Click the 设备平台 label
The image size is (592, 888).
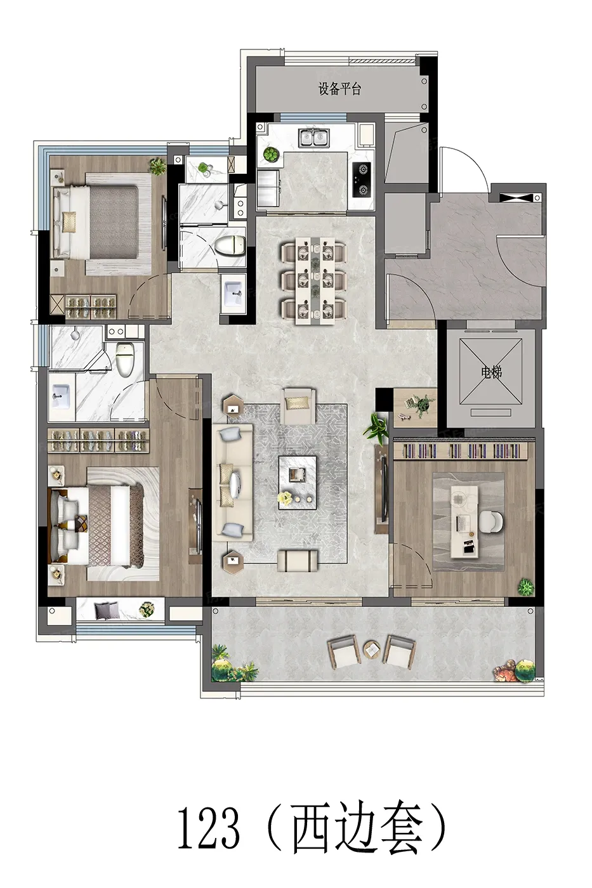(x=339, y=89)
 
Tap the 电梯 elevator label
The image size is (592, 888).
(x=491, y=373)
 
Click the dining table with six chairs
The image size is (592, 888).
(x=313, y=280)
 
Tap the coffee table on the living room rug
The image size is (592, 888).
(x=298, y=483)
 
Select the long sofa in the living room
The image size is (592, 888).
(x=232, y=483)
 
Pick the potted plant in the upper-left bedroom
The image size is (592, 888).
(x=158, y=166)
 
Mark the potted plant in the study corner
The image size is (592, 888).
(x=526, y=586)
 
